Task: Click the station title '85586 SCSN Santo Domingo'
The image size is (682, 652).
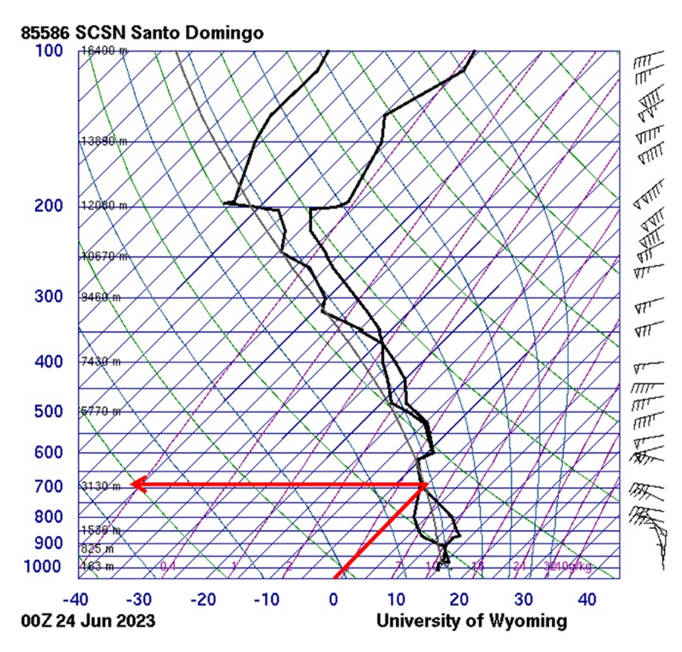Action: click(x=143, y=33)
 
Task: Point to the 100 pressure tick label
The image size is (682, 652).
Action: click(x=49, y=50)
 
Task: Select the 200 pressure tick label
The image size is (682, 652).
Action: click(x=49, y=206)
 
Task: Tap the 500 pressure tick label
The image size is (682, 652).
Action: click(x=49, y=412)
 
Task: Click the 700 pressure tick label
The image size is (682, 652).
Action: click(x=49, y=486)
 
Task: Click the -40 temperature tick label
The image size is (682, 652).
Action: click(x=75, y=599)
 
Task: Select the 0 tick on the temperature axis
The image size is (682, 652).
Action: click(x=334, y=599)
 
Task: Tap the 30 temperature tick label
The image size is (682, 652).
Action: click(x=524, y=599)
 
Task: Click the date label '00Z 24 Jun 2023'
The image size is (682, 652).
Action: click(x=89, y=621)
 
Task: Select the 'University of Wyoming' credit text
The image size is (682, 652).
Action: click(x=472, y=621)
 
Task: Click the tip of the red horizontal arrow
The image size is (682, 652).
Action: click(x=132, y=485)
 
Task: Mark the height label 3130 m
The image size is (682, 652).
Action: click(x=101, y=486)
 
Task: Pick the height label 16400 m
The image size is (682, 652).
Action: click(x=104, y=51)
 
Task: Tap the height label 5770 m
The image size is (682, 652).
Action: click(x=101, y=412)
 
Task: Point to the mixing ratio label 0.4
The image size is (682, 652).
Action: click(x=168, y=566)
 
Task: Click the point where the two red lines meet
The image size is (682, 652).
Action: click(x=425, y=485)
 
